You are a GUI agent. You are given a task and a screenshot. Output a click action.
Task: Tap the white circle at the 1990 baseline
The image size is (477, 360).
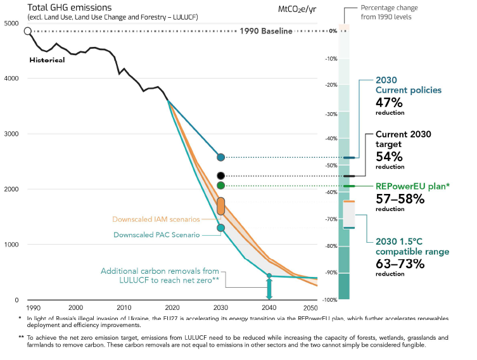tap(27, 31)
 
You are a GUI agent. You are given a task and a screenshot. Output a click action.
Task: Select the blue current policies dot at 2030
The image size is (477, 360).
tap(220, 157)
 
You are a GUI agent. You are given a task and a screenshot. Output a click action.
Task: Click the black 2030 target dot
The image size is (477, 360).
tap(220, 176)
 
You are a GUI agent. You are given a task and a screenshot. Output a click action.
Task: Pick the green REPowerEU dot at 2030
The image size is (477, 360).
tap(220, 185)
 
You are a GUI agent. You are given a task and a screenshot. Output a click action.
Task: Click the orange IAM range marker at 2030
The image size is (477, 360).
tap(220, 205)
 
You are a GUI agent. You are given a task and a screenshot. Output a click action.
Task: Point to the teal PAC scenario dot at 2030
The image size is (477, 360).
tap(220, 228)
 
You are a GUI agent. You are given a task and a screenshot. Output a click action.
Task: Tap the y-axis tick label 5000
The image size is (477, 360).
tap(11, 23)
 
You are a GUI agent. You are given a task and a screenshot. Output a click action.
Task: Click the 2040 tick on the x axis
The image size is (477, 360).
tap(269, 307)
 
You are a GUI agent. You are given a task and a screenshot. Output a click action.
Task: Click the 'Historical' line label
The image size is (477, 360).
tap(47, 60)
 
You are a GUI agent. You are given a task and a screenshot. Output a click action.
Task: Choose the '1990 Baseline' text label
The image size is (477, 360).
tap(266, 31)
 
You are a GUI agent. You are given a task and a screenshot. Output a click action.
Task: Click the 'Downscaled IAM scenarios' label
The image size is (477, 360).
tap(156, 219)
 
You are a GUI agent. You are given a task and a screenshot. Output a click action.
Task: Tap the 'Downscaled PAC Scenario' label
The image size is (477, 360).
tap(156, 235)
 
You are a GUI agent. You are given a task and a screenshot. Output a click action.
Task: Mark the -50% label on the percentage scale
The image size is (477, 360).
tap(330, 165)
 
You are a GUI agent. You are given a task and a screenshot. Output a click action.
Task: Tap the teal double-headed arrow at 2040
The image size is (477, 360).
tap(269, 288)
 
